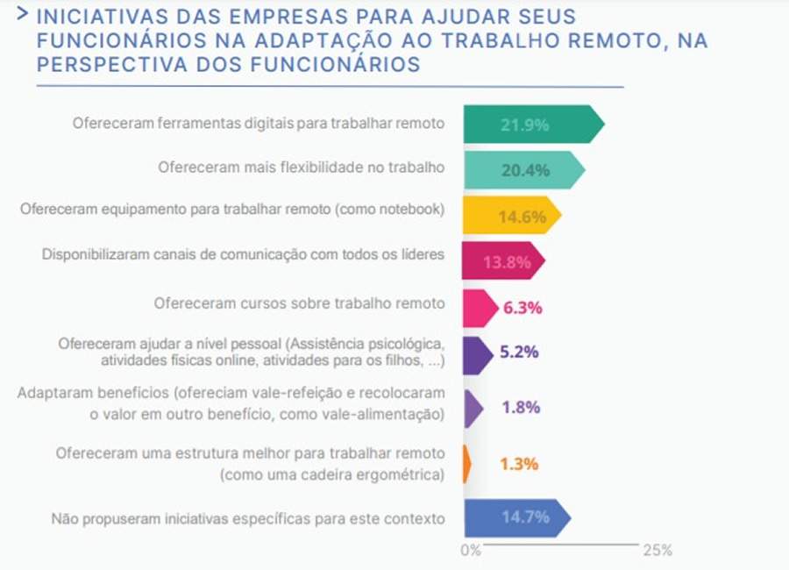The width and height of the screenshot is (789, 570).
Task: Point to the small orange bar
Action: (x=466, y=464)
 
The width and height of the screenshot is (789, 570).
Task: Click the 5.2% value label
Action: (x=520, y=353)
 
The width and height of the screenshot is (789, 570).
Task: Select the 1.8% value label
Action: (x=520, y=408)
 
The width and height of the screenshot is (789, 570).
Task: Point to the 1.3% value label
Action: (x=519, y=464)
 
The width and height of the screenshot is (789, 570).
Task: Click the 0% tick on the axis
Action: (x=471, y=551)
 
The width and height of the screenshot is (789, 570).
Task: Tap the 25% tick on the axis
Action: (x=657, y=551)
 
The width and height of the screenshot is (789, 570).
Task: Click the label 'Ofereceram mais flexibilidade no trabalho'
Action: (x=302, y=167)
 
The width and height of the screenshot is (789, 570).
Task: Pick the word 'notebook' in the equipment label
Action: (x=412, y=209)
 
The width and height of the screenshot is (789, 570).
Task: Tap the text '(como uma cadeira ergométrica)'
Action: (x=332, y=474)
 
